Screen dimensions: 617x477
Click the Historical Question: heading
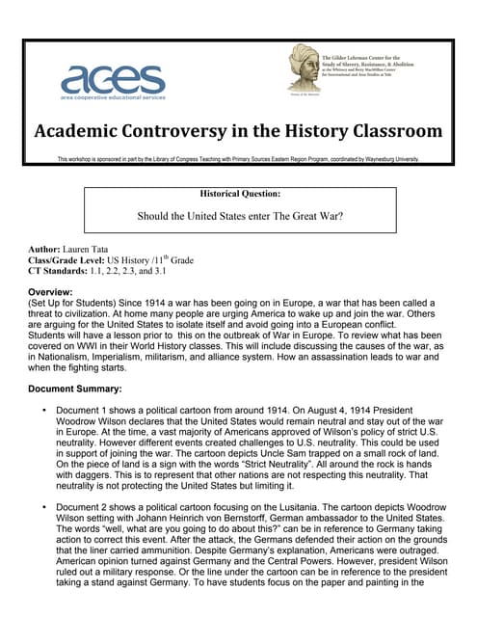click(x=241, y=193)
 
